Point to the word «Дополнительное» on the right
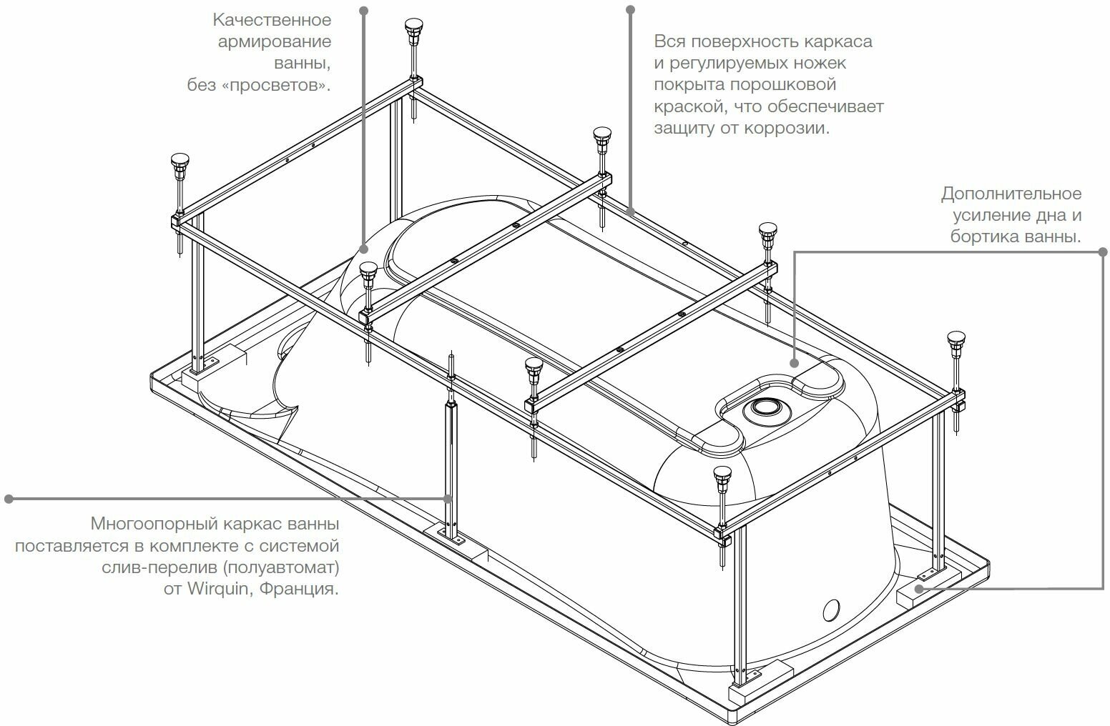pos(1011,194)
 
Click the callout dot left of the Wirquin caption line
pos(9,498)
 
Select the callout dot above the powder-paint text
pos(630,9)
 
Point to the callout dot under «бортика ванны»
pos(1102,252)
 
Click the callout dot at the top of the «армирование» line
pos(363,10)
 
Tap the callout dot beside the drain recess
pos(794,362)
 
